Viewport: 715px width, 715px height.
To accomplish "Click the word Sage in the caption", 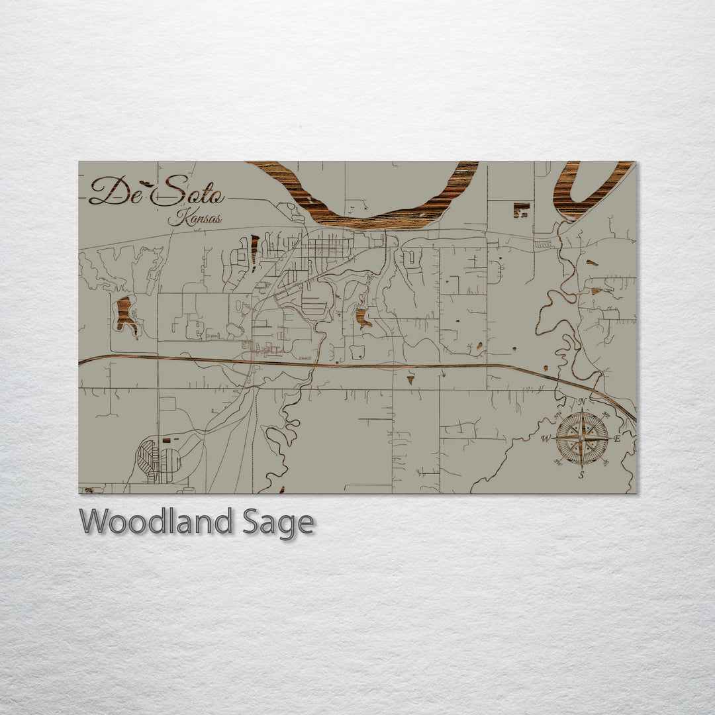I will (x=277, y=523).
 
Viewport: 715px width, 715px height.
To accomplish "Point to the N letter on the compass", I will (x=582, y=402).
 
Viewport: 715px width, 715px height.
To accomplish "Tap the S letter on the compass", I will (x=581, y=475).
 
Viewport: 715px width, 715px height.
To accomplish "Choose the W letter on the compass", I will (x=546, y=439).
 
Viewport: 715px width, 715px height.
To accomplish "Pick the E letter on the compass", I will (x=617, y=438).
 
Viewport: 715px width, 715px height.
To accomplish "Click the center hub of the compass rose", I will (x=581, y=438).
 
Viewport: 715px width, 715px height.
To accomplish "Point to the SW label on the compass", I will (x=559, y=461).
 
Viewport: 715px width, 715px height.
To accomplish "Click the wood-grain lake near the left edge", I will (x=124, y=314).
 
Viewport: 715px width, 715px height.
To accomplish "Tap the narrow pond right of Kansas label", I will (x=254, y=252).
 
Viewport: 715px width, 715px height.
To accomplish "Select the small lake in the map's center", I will (x=362, y=317).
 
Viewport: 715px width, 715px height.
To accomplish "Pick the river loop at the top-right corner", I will (x=583, y=192).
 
